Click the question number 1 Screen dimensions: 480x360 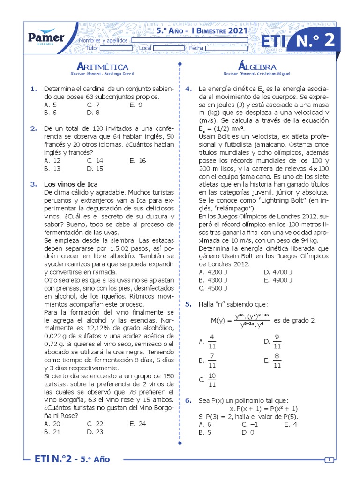click(33, 89)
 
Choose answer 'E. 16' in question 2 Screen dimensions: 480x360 click(137, 160)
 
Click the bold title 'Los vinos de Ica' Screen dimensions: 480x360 click(71, 184)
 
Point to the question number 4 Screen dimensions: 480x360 click(188, 89)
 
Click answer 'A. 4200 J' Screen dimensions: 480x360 click(213, 272)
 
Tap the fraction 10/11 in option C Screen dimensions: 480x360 click(211, 380)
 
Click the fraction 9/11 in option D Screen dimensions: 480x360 click(277, 341)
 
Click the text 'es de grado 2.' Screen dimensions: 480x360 click(294, 320)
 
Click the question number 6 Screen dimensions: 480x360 click(188, 401)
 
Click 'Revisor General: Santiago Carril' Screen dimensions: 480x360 click(102, 74)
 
